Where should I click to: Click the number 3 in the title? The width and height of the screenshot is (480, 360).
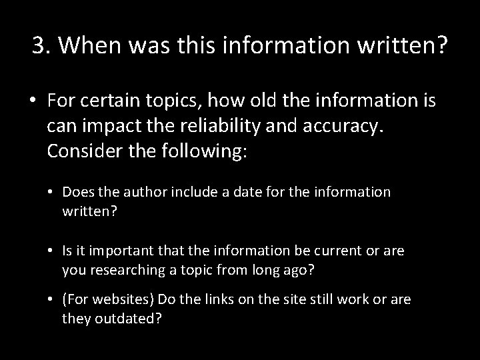tap(39, 46)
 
